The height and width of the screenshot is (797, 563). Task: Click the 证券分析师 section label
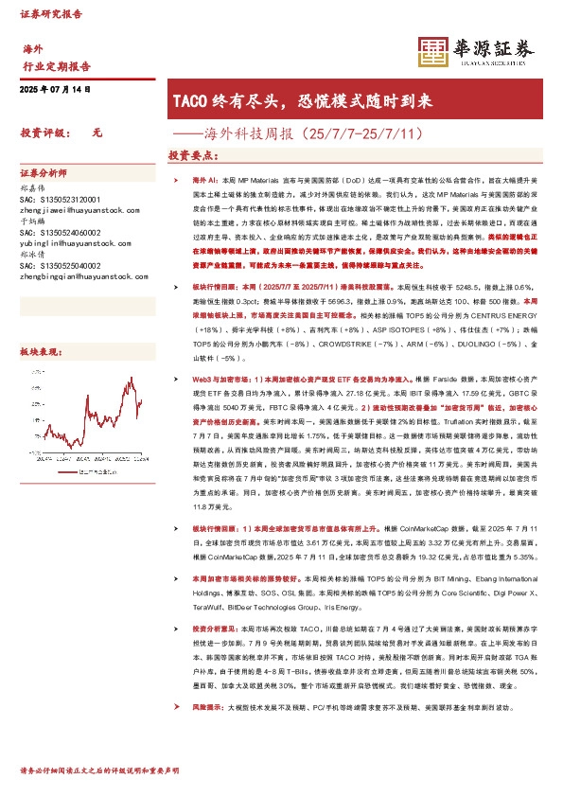tap(44, 174)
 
